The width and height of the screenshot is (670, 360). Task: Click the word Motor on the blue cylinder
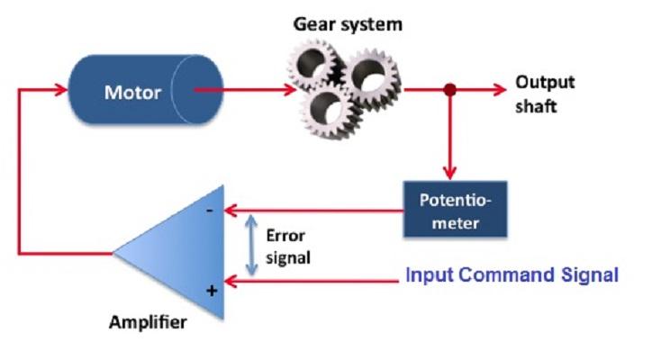click(x=132, y=92)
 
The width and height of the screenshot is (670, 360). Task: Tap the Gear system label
click(x=348, y=24)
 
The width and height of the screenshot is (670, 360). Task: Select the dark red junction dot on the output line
click(x=449, y=90)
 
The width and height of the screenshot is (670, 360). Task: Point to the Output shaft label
click(x=544, y=94)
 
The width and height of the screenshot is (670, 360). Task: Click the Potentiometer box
click(x=456, y=209)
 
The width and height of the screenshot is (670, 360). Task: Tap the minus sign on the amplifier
click(x=209, y=211)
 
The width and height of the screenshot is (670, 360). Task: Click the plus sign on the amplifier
click(x=212, y=291)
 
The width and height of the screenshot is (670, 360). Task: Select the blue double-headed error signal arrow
click(x=251, y=245)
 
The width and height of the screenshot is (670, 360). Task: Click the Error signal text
click(x=287, y=247)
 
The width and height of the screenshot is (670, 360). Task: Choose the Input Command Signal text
click(x=512, y=274)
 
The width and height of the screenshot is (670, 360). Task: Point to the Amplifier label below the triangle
click(x=148, y=322)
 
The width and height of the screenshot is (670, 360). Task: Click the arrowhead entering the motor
click(x=61, y=90)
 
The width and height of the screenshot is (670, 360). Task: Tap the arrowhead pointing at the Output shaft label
click(x=500, y=90)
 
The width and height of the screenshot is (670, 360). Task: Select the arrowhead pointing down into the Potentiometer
click(x=449, y=173)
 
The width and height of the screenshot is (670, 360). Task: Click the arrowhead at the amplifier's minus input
click(x=231, y=211)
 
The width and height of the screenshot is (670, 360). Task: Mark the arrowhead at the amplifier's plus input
click(x=231, y=282)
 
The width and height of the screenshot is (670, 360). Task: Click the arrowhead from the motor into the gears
click(x=290, y=90)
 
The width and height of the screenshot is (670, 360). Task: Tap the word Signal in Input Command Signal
click(x=590, y=274)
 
